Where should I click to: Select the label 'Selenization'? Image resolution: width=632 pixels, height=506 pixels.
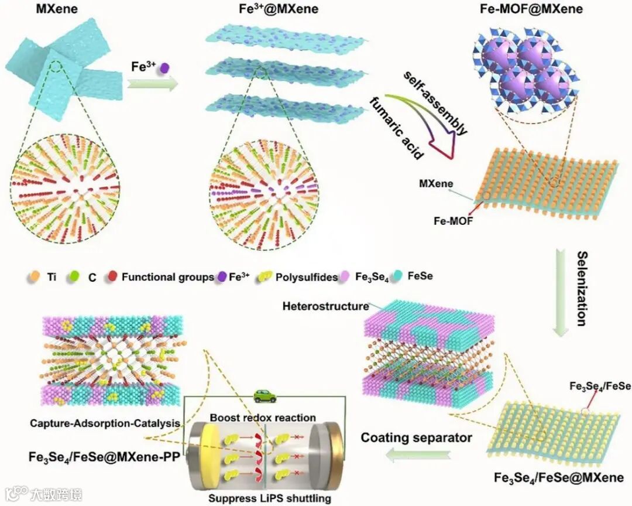pyautogui.click(x=582, y=288)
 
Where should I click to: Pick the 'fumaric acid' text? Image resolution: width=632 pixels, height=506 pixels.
pyautogui.click(x=395, y=127)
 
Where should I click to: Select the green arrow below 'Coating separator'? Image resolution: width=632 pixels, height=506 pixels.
pyautogui.click(x=418, y=454)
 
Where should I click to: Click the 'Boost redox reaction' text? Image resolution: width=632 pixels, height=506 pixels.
pyautogui.click(x=263, y=418)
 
